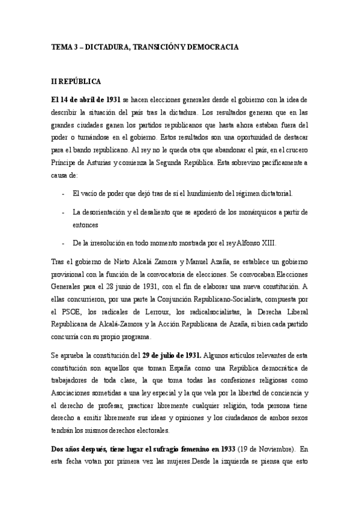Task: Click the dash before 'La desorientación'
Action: click(x=64, y=212)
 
